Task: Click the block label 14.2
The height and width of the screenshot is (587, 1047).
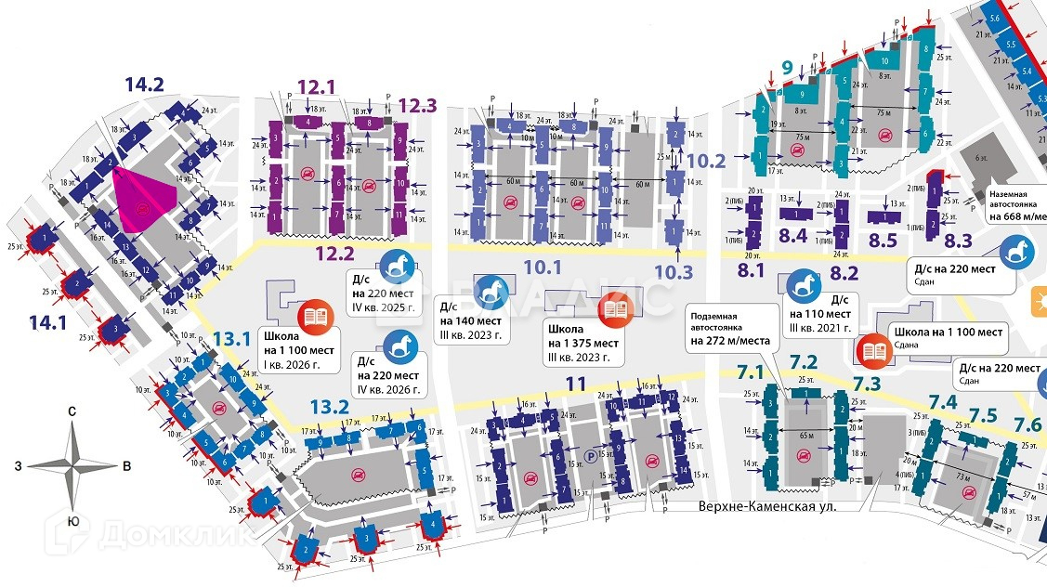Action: coord(144,85)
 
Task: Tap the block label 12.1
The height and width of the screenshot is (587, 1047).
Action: coord(316,87)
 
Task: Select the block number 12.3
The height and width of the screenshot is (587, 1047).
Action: coord(417,105)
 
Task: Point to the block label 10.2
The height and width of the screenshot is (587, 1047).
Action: coord(707,160)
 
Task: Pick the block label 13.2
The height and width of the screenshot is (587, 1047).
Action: coord(329,406)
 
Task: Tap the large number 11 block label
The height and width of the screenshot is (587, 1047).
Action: coord(576,383)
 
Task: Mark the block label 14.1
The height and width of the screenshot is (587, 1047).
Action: coord(48,322)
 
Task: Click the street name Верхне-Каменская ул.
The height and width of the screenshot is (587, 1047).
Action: coord(767,506)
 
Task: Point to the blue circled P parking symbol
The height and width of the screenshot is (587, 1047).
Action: coord(591,456)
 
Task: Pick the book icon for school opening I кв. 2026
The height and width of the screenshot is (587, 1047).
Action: coord(312,317)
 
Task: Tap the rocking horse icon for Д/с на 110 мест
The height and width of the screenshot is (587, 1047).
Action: coord(804,284)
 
